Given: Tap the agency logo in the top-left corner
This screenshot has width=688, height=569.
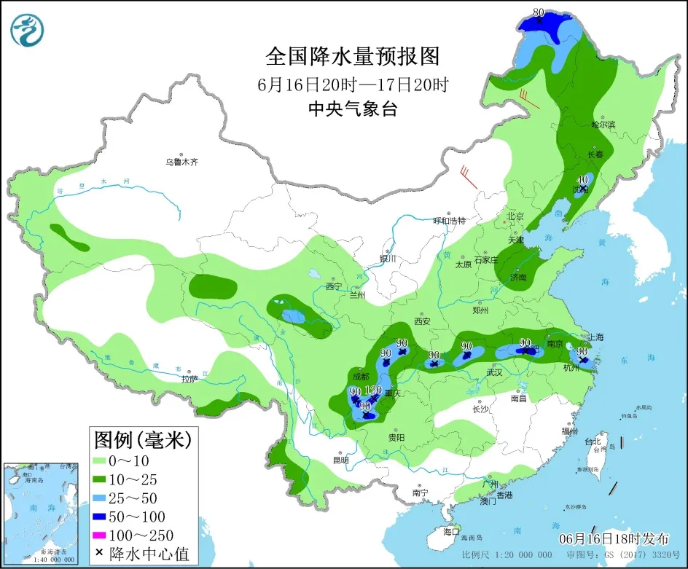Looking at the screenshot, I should click(x=28, y=30).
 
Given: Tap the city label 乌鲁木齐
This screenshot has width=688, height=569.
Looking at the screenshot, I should click(x=181, y=162).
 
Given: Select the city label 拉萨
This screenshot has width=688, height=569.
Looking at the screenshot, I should click(x=189, y=379).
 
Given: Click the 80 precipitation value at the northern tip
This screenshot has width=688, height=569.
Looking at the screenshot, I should click(x=539, y=12).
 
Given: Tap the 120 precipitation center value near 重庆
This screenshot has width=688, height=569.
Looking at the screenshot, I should click(x=373, y=390).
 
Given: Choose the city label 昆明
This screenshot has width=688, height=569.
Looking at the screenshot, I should click(x=340, y=460).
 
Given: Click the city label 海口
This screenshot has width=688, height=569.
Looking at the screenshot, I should click(x=453, y=533).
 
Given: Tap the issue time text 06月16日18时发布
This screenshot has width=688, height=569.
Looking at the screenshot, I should click(x=614, y=539).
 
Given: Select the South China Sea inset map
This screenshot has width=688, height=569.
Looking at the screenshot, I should click(x=41, y=513).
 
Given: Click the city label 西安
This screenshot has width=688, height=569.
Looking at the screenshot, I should click(x=423, y=321).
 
